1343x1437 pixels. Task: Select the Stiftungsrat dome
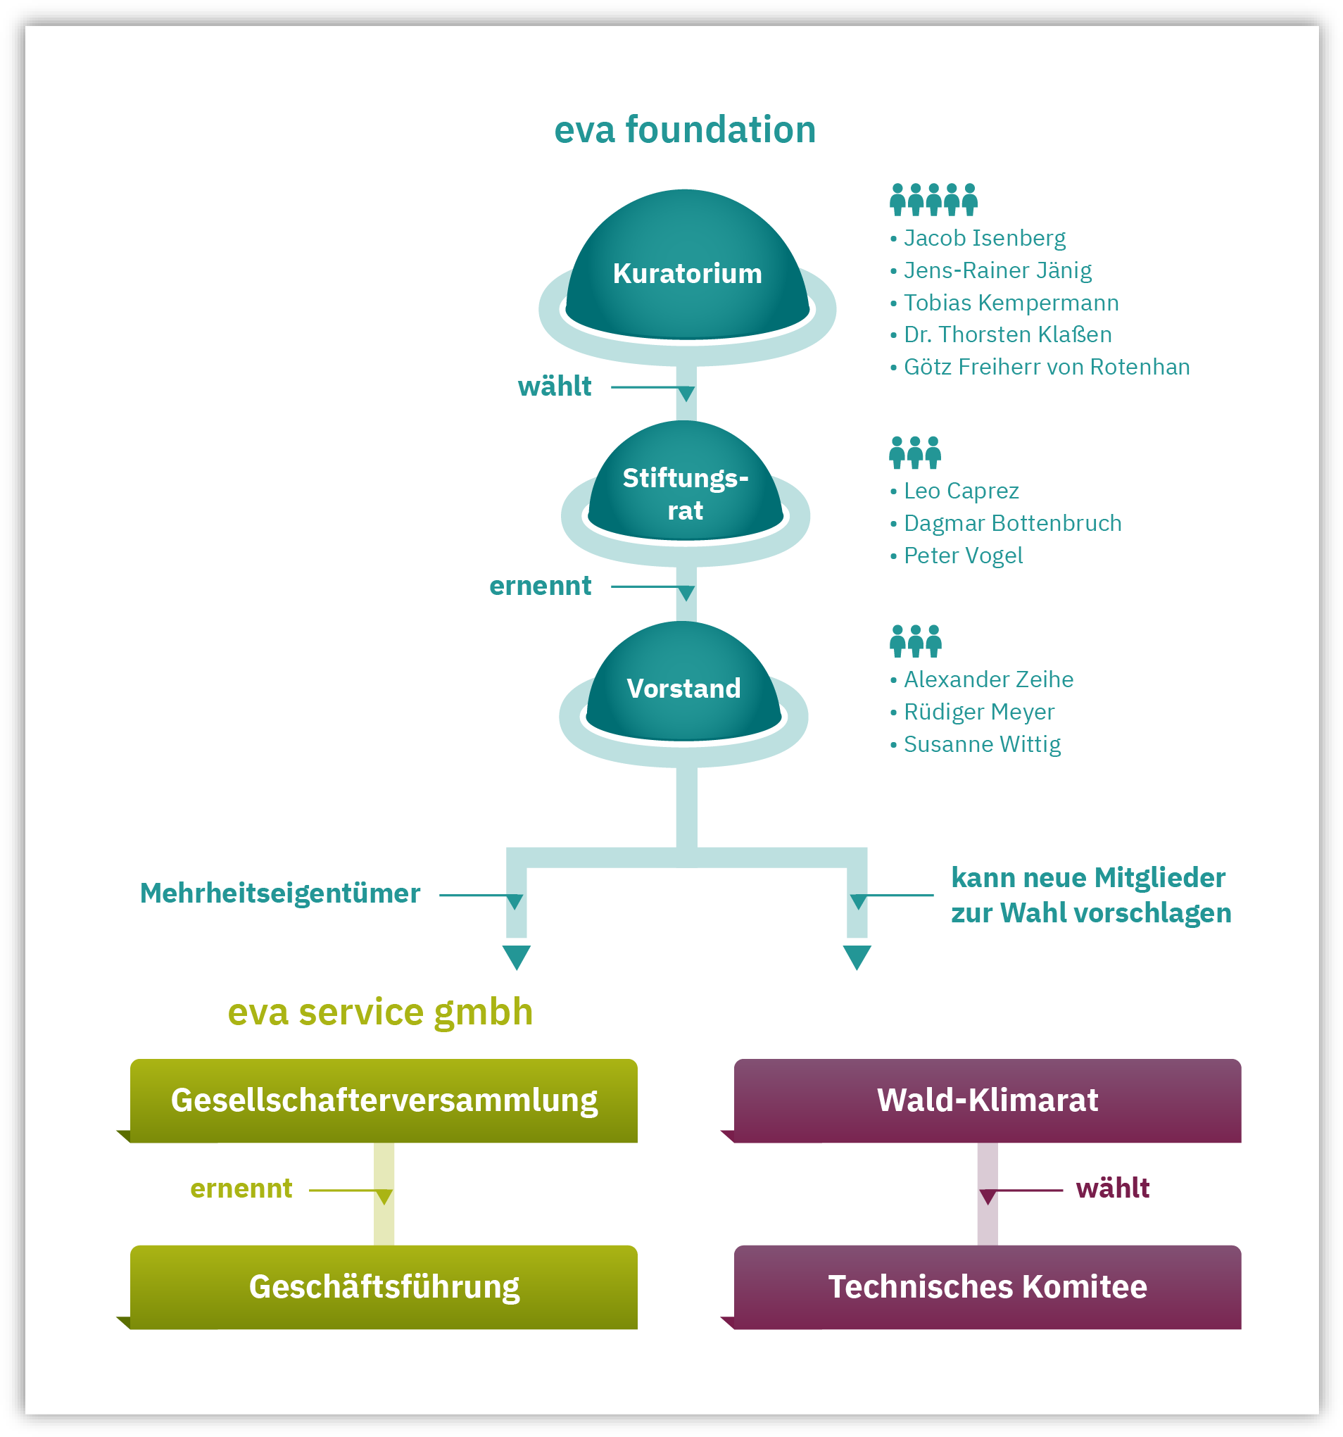tap(686, 491)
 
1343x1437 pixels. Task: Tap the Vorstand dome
tap(683, 686)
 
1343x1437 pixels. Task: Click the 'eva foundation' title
tap(684, 130)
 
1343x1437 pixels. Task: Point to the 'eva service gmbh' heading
tap(380, 1012)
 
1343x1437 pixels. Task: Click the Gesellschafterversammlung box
tap(384, 1100)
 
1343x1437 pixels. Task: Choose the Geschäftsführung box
tap(384, 1286)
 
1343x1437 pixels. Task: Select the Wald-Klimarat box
tap(988, 1100)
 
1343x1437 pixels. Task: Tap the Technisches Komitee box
tap(988, 1286)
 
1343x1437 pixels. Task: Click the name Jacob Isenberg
tap(985, 238)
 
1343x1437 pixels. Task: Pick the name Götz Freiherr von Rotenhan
tap(1047, 368)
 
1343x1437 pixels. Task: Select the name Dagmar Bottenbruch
tap(1013, 523)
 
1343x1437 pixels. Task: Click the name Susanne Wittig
tap(983, 744)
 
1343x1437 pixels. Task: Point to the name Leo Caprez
tap(961, 491)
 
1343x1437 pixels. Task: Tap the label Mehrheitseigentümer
tap(280, 894)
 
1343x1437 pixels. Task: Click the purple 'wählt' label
tap(1112, 1188)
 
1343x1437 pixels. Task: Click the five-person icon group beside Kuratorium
tap(933, 199)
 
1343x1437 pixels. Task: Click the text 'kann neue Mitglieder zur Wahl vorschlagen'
tap(1091, 895)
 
